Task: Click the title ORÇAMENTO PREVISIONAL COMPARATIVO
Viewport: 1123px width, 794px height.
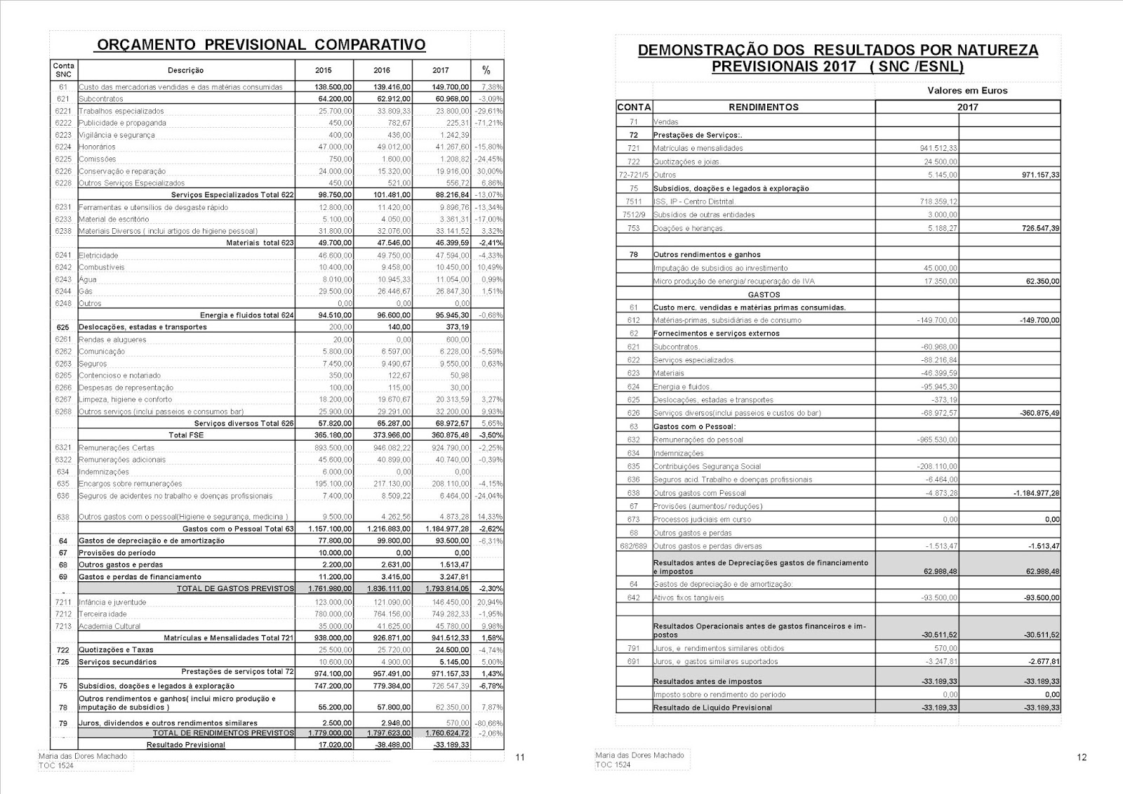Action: [260, 45]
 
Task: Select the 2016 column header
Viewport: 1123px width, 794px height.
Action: [382, 70]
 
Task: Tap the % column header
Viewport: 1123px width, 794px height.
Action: [486, 70]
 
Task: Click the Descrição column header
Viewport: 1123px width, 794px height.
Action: [186, 70]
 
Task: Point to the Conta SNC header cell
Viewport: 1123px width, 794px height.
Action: [63, 70]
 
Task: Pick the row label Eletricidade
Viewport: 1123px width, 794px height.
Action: [98, 256]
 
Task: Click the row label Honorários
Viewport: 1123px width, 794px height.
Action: [98, 147]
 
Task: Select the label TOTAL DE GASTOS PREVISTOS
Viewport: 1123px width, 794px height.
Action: [235, 588]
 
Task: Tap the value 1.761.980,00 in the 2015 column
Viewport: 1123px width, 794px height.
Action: [330, 588]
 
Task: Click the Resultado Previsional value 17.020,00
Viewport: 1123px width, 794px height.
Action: [334, 745]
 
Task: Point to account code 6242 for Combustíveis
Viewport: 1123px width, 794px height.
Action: [63, 267]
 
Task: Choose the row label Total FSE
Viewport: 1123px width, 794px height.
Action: [186, 435]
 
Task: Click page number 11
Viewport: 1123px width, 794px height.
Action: [520, 757]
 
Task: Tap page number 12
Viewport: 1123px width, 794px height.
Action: [1081, 757]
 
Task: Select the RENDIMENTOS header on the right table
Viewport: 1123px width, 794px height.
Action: [764, 107]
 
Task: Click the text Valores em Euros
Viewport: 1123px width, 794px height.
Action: [967, 91]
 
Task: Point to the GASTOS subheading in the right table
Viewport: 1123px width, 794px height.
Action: [764, 295]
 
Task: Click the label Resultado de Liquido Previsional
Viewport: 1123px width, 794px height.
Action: [712, 708]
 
